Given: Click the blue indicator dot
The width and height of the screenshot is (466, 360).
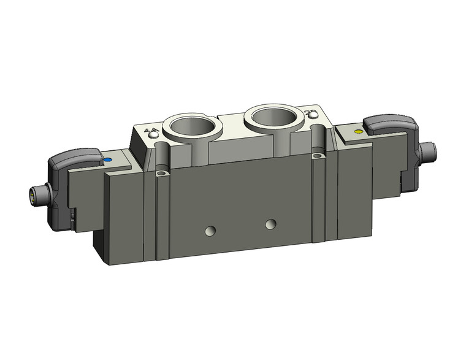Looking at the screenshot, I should (x=108, y=161).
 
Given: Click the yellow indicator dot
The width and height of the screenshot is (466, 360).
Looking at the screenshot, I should (x=359, y=131).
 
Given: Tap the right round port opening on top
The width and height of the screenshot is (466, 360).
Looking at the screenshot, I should (x=271, y=117).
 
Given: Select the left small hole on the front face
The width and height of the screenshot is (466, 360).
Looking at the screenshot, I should (x=210, y=231).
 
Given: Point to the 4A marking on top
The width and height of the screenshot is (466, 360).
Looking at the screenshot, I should (x=148, y=131).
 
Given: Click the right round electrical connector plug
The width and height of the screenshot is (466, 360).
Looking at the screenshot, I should (x=432, y=151).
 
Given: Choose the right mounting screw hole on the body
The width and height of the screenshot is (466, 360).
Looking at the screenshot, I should (x=316, y=157).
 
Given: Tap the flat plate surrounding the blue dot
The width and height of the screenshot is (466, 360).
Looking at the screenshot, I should (x=116, y=162).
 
